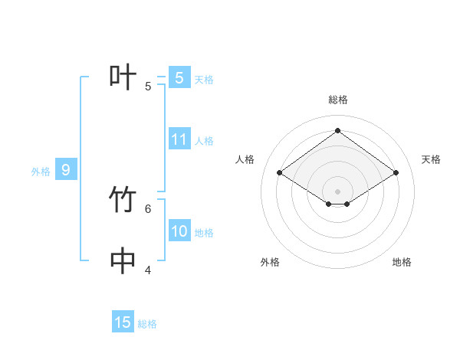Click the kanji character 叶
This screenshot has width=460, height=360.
[x=123, y=78]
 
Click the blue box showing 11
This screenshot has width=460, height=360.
[x=179, y=139]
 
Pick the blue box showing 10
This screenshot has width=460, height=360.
[x=179, y=231]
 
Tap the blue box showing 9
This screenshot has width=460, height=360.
[x=66, y=170]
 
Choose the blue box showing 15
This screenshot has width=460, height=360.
[x=123, y=322]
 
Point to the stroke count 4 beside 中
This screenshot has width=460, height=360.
[x=148, y=270]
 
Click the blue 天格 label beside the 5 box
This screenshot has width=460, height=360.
[x=204, y=79]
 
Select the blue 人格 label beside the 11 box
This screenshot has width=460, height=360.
[x=204, y=141]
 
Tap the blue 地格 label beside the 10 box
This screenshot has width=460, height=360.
[x=204, y=233]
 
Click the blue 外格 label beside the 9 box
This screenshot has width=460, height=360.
[x=41, y=172]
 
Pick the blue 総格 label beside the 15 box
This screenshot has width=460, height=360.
[x=147, y=324]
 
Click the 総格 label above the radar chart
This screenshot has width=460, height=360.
[x=338, y=100]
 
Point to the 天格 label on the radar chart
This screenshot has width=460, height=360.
[x=432, y=159]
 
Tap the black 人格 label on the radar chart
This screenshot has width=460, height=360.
[x=245, y=159]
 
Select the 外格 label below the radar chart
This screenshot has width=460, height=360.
[x=270, y=262]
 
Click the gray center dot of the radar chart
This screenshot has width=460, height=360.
[x=338, y=191]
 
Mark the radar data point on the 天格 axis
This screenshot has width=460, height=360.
[x=396, y=173]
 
